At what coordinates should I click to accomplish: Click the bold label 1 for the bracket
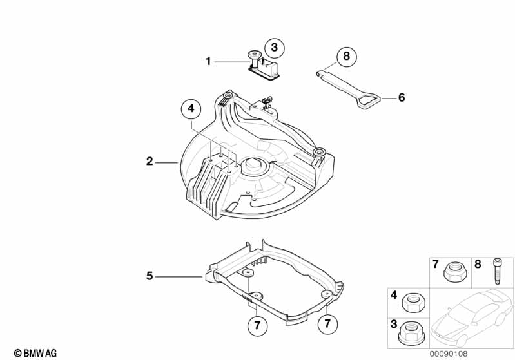[208, 61]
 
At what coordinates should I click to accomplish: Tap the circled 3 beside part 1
[273, 47]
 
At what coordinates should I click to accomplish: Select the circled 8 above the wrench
[346, 56]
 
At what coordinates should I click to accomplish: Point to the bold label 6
[401, 98]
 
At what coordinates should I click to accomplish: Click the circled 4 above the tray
[191, 109]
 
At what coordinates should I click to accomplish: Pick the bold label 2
[150, 161]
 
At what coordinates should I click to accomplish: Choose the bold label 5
[150, 276]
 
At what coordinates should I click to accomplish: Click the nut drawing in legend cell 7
[455, 273]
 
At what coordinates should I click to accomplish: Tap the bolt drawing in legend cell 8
[497, 271]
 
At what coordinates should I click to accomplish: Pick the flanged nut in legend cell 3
[411, 332]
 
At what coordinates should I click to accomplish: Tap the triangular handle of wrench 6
[367, 99]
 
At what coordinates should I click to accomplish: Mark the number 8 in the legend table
[478, 263]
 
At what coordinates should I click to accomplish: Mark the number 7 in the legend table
[435, 263]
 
